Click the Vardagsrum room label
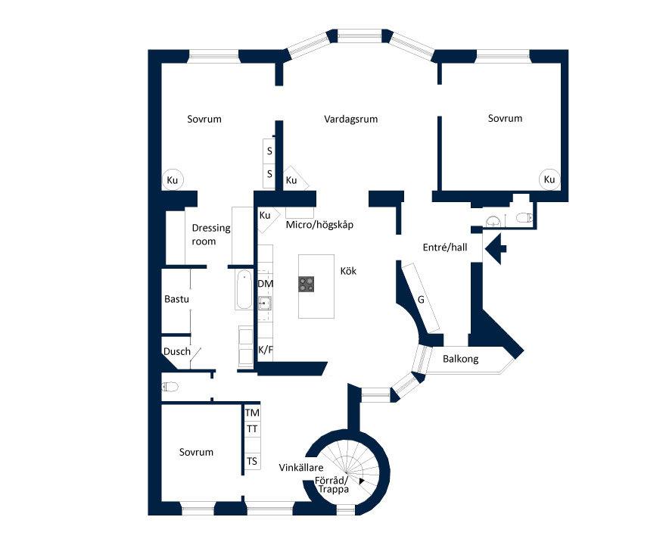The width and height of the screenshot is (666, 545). pos(351,119)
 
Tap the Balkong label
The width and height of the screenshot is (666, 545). pos(460,359)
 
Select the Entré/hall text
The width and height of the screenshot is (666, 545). pos(445,248)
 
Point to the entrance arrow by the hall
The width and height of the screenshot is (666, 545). pos(495,248)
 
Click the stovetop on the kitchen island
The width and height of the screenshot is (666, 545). pos(307,284)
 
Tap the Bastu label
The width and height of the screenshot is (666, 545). pos(176,299)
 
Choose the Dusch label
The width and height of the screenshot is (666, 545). pos(177,352)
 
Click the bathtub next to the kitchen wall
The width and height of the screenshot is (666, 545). pos(244,289)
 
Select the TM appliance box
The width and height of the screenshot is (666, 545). pos(252,413)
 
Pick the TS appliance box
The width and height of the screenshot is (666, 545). pos(252,461)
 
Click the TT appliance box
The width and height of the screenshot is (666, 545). pos(252,428)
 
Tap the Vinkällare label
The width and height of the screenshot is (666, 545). pos(301,468)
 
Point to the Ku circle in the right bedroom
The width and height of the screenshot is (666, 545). pos(549,179)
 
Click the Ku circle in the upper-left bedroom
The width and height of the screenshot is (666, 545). pos(172,180)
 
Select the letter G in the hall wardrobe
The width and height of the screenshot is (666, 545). pos(421,300)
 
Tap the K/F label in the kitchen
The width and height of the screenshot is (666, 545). pos(266,350)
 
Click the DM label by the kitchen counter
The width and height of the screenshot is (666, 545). pos(266,284)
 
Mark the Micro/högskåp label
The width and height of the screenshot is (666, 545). pos(319,225)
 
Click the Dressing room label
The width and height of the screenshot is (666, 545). pos(210,235)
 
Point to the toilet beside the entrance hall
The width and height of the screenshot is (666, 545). pos(524,218)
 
